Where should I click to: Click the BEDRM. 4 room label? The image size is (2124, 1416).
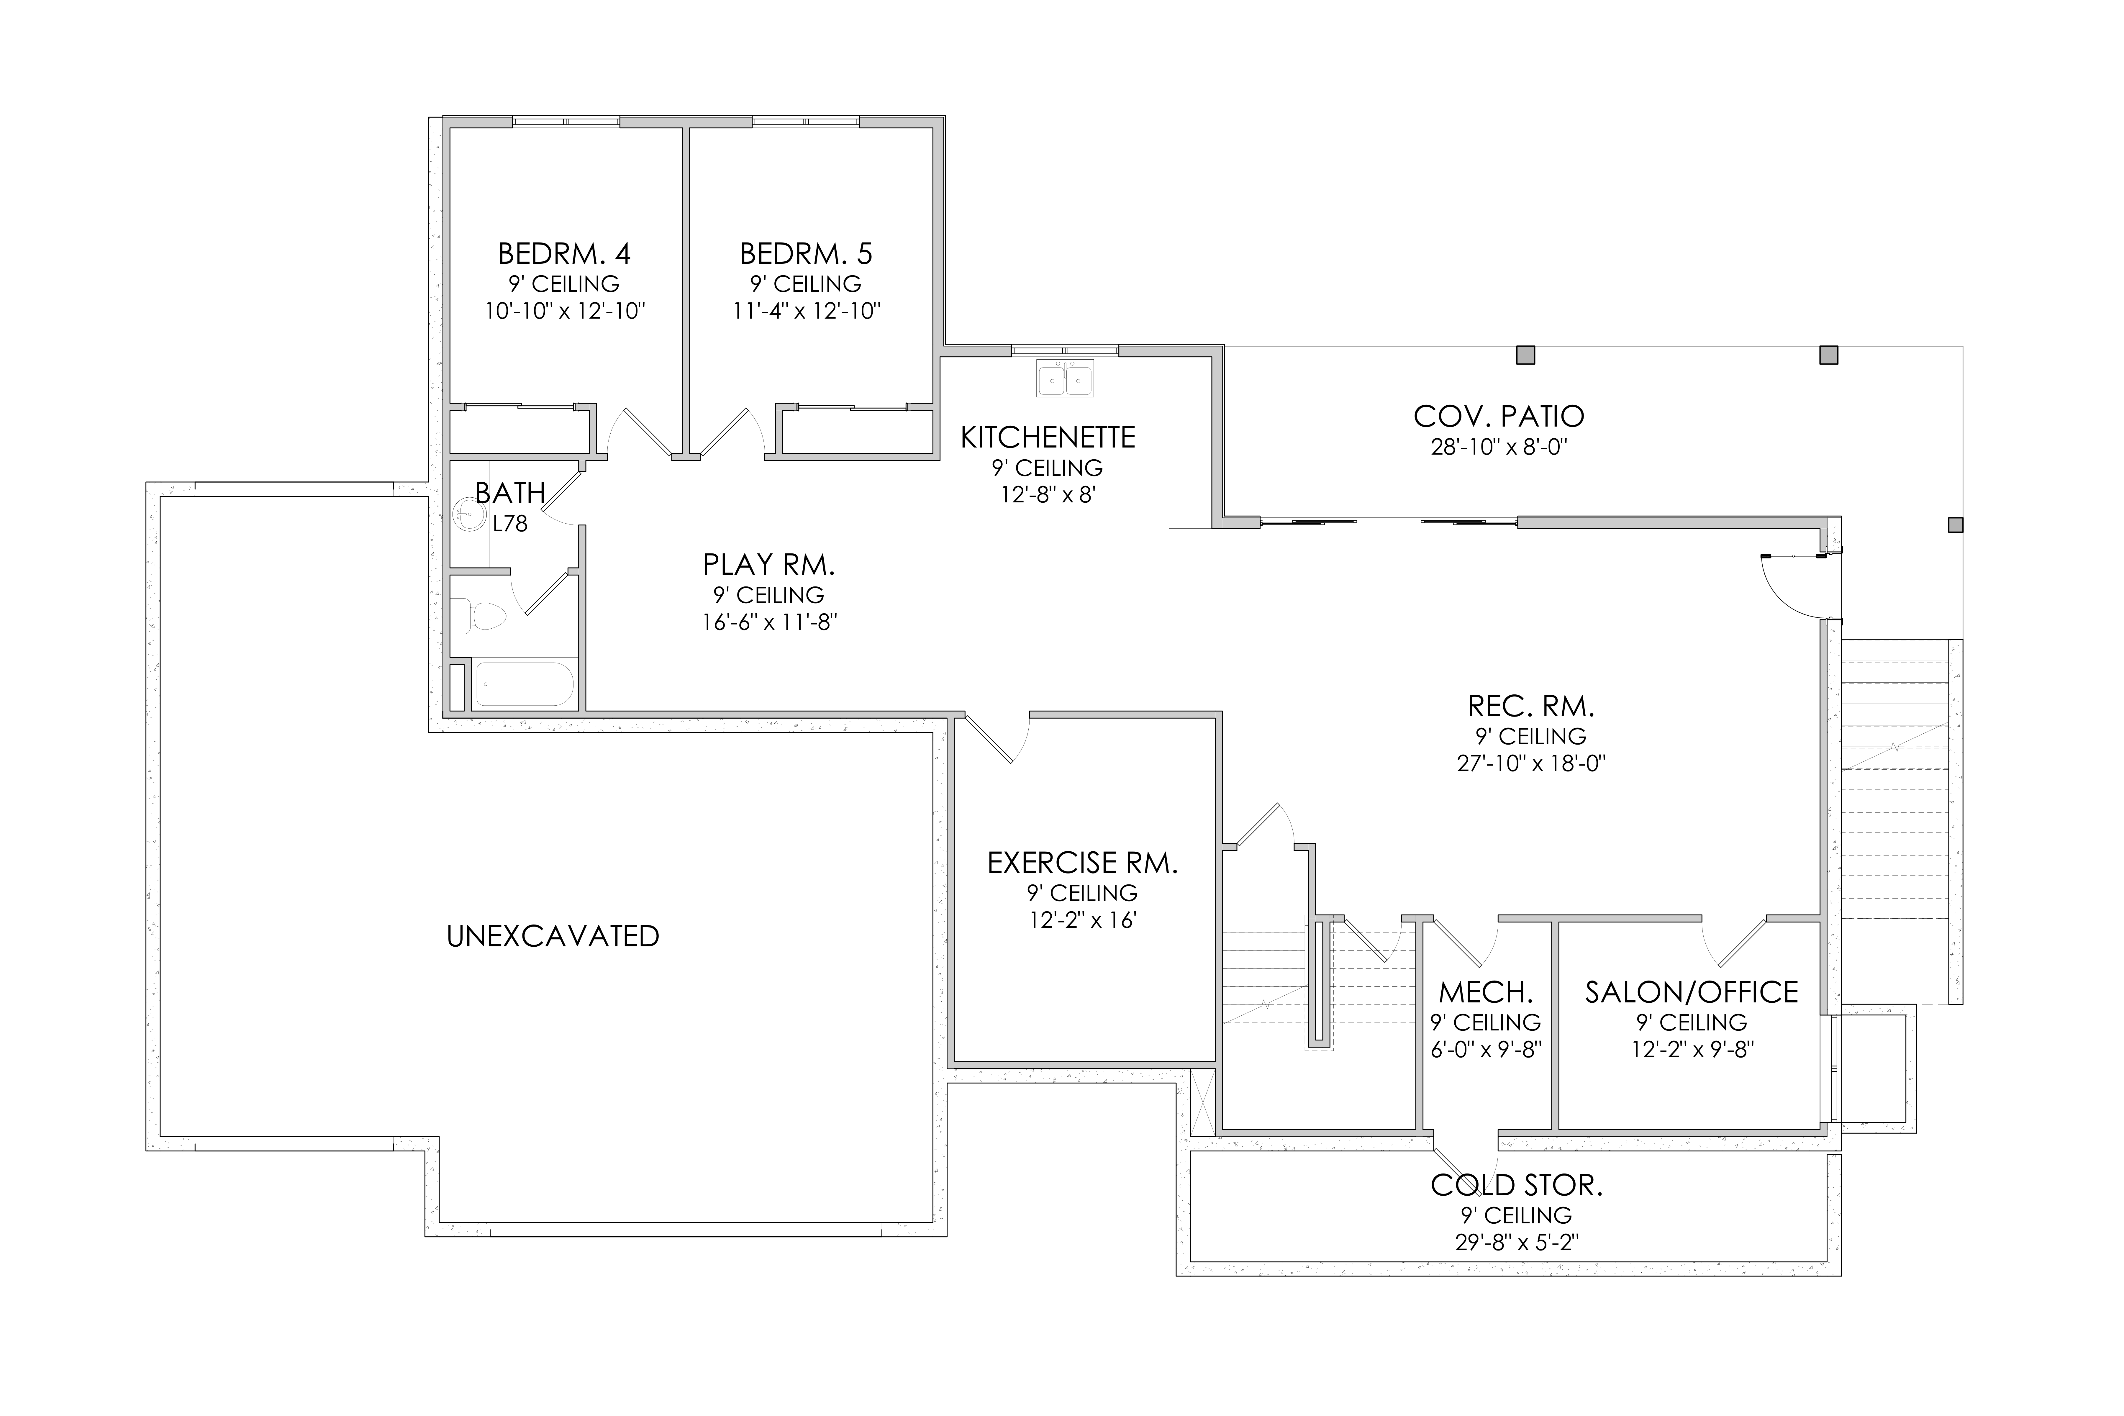(x=564, y=253)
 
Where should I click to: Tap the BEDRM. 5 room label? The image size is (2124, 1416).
(x=807, y=253)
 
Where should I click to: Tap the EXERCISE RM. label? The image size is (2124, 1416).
(x=1083, y=863)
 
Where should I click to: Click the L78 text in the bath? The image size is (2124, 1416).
(x=510, y=524)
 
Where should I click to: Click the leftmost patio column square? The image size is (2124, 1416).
(x=1525, y=355)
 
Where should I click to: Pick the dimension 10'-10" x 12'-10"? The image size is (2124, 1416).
(x=565, y=312)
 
